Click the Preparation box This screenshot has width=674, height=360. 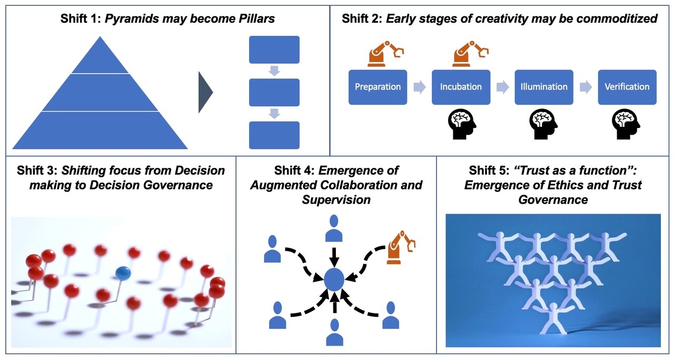pyautogui.click(x=378, y=87)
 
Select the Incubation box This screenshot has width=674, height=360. pyautogui.click(x=461, y=87)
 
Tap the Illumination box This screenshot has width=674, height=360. pyautogui.click(x=544, y=87)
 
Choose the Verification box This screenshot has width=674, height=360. pyautogui.click(x=627, y=87)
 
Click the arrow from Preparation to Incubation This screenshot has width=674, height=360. pyautogui.click(x=419, y=87)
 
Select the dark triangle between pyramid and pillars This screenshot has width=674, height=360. pyautogui.click(x=205, y=93)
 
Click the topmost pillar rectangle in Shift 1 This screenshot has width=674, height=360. pyautogui.click(x=274, y=49)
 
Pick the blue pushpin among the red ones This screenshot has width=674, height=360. pyautogui.click(x=123, y=273)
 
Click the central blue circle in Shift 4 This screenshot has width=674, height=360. pyautogui.click(x=334, y=279)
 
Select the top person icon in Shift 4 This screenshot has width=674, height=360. pyautogui.click(x=334, y=227)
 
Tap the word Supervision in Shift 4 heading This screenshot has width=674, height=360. pyautogui.click(x=336, y=199)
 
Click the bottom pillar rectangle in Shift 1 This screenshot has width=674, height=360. pyautogui.click(x=274, y=135)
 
